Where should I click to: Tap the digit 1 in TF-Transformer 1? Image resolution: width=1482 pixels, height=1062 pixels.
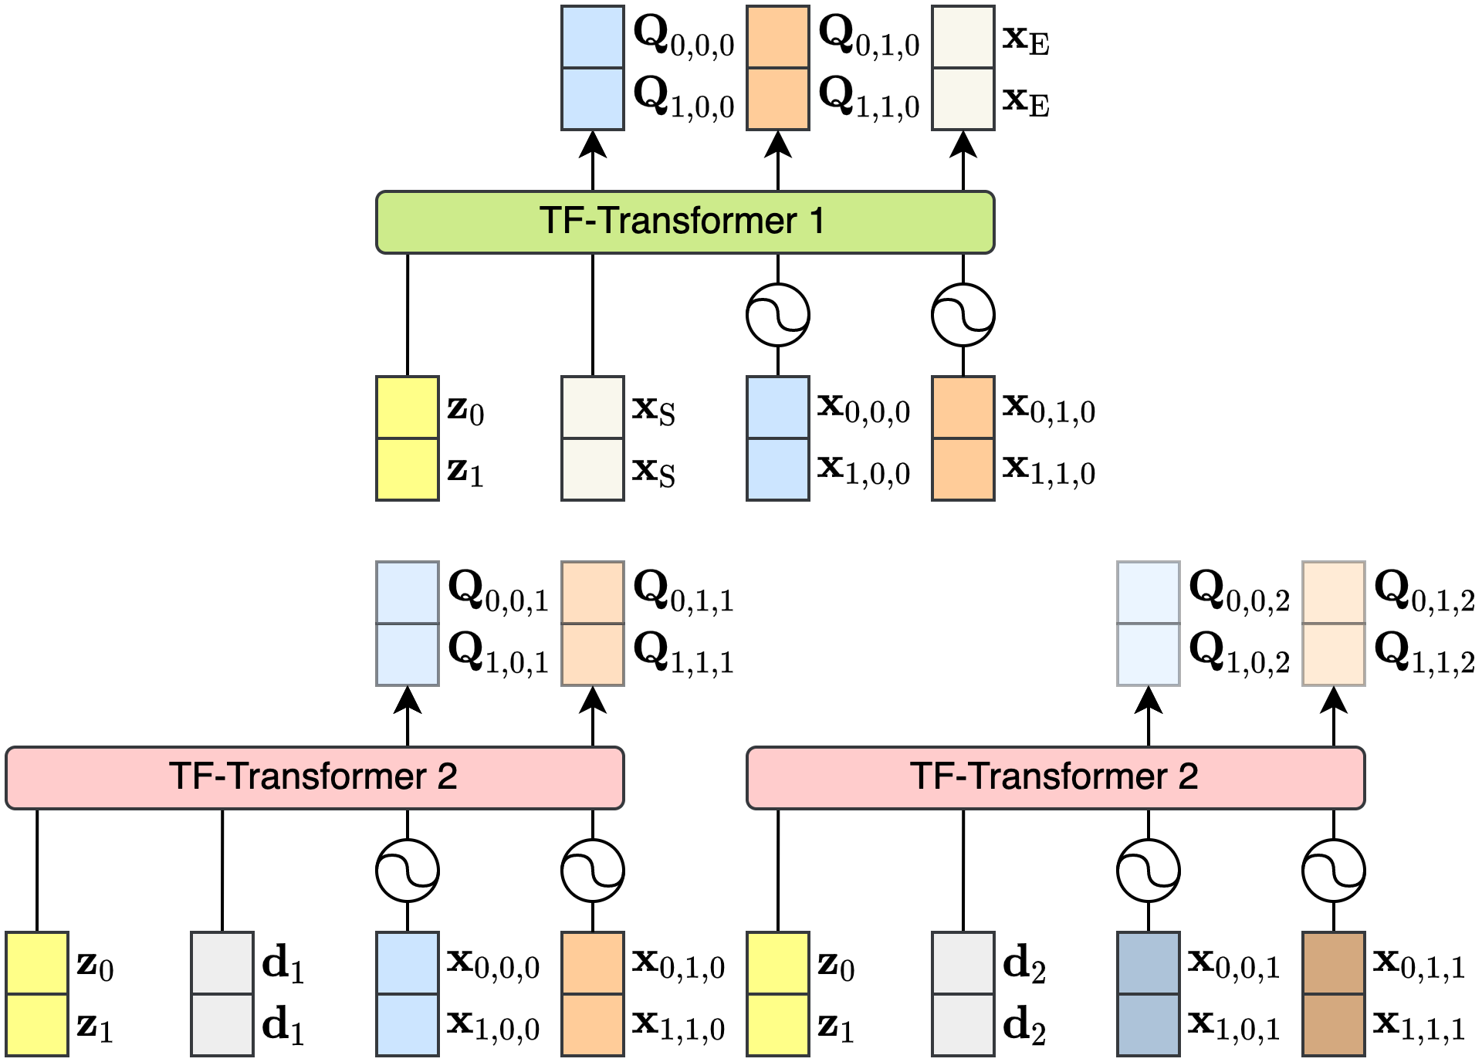coord(817,221)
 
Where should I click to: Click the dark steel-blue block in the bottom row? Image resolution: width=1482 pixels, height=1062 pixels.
coord(1149,994)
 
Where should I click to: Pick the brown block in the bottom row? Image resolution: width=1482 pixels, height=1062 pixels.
coord(1334,994)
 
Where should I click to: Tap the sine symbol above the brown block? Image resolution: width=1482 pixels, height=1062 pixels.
coord(1334,871)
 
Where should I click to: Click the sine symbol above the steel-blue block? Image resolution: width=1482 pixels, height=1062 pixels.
coord(1149,871)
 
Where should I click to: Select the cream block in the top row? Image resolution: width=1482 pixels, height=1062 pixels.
coord(963,68)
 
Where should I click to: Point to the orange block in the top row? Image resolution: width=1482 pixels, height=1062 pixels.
coord(778,68)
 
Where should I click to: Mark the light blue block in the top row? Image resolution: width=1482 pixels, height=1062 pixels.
coord(593,68)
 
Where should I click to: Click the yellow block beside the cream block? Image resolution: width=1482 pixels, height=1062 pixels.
coord(408,438)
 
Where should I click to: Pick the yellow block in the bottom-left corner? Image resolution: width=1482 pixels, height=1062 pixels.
coord(37,994)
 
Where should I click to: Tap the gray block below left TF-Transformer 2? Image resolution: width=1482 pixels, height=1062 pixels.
coord(222,994)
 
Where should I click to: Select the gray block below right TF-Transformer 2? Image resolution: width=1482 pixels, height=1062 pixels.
coord(963,994)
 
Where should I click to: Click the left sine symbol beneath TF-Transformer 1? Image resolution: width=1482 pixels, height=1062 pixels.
coord(778,315)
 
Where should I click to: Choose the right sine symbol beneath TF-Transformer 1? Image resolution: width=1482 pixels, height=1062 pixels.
coord(963,315)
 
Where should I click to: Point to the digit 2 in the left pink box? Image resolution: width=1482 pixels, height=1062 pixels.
coord(447,776)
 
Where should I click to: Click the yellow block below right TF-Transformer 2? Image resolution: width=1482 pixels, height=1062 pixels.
coord(778,994)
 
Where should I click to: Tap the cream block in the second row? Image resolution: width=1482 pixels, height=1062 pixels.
coord(593,438)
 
